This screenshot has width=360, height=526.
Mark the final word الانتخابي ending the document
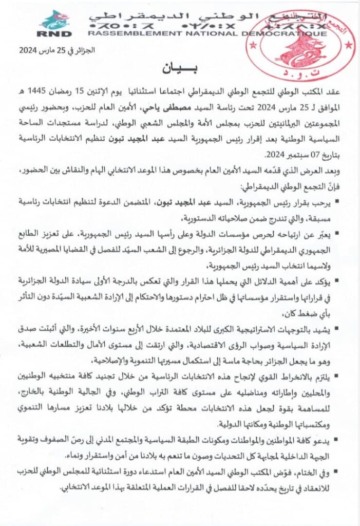56,485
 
